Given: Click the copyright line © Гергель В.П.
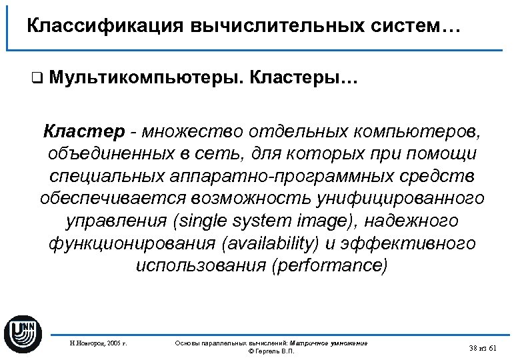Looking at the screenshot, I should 271,351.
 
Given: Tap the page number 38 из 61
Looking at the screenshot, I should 483,348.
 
